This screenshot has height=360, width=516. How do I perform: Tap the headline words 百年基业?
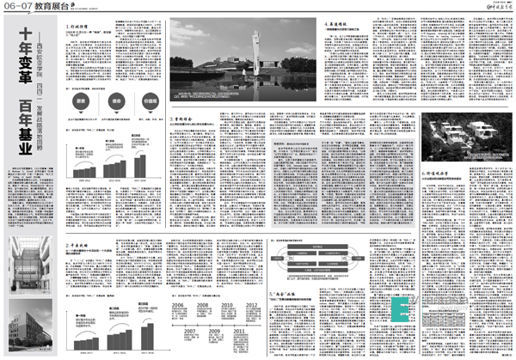point(18,130)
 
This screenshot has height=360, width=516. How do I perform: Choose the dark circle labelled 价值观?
point(152,99)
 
